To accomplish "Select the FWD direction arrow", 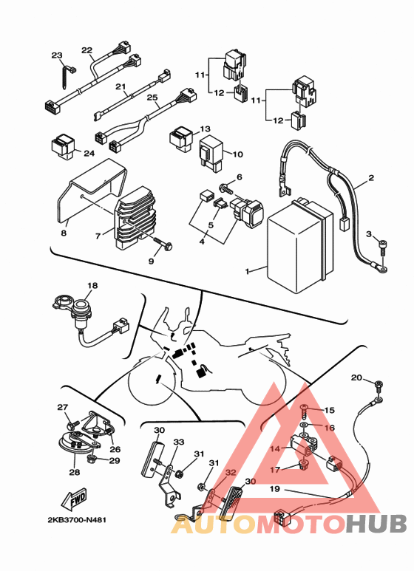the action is click(74, 499).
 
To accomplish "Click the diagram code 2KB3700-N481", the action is click(78, 519).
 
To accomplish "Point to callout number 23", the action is click(57, 55).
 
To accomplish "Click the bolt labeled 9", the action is click(163, 245).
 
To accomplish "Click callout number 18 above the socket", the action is click(92, 285).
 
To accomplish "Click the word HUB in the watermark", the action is click(377, 524).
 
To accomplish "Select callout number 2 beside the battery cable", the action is click(371, 178).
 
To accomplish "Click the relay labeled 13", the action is click(181, 139).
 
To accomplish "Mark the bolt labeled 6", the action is click(225, 188).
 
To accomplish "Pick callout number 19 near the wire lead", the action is click(274, 488).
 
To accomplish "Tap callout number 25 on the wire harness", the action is click(152, 98).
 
